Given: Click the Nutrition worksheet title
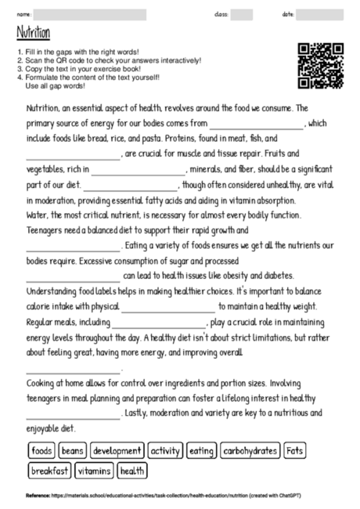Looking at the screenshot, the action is (x=32, y=34).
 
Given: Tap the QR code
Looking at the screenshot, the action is (x=321, y=65).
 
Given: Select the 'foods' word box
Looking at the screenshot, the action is (x=41, y=451).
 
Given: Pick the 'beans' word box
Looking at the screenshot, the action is (x=73, y=451).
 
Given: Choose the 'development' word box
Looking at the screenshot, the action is (x=117, y=451).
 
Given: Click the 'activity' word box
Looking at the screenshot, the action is (x=165, y=451).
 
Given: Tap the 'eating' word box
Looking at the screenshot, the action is (x=201, y=451).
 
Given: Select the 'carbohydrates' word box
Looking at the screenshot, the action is (x=250, y=451).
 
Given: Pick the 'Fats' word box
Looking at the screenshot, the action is (x=294, y=451).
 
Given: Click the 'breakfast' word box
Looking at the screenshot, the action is (x=50, y=471).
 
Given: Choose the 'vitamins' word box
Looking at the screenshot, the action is (x=95, y=471).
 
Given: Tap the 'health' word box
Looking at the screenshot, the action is (x=133, y=471).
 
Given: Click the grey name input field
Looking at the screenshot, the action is (x=91, y=14).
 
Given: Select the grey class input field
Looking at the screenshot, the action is (x=241, y=14).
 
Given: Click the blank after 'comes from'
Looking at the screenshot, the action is (x=256, y=125).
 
